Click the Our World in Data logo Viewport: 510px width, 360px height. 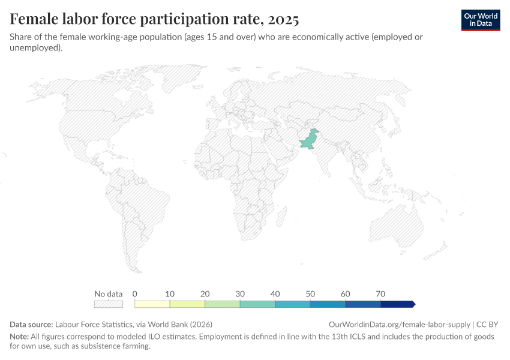tap(480, 20)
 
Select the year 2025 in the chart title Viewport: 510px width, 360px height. tap(283, 20)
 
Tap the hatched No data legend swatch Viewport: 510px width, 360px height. tap(109, 304)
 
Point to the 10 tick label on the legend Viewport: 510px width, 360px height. tap(170, 294)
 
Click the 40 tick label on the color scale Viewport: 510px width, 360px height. tap(275, 294)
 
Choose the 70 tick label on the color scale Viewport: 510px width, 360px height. tap(380, 294)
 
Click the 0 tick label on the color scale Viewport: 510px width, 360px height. tap(135, 294)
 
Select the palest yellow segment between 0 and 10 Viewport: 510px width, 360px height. tap(152, 304)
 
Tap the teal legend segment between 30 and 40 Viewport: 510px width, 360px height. tap(257, 304)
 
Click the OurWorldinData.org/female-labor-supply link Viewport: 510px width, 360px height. tap(400, 324)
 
